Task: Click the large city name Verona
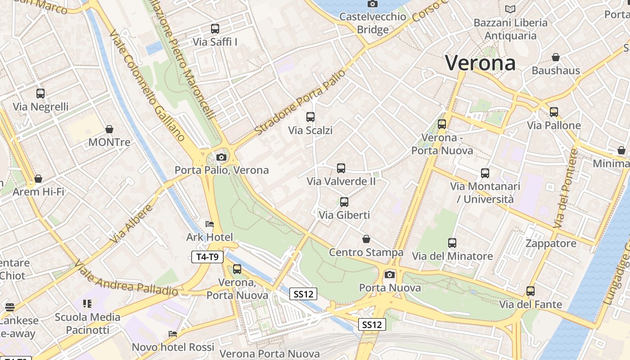(x=480, y=63)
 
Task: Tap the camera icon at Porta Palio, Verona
(x=221, y=157)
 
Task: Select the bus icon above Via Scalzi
(x=310, y=117)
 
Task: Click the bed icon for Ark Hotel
(x=210, y=224)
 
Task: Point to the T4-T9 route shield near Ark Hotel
(x=207, y=257)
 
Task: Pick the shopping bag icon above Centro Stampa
(x=366, y=239)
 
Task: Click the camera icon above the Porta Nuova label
(x=390, y=274)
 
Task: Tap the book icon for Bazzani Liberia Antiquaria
(x=510, y=9)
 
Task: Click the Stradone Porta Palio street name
(x=301, y=102)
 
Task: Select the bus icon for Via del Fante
(x=531, y=291)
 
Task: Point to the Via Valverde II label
(x=341, y=181)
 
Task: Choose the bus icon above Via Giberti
(x=344, y=202)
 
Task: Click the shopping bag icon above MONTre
(x=109, y=130)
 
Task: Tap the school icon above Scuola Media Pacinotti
(x=87, y=304)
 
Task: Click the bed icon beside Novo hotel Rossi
(x=172, y=334)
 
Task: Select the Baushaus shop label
(x=556, y=71)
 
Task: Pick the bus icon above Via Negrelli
(x=40, y=94)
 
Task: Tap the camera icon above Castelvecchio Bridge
(x=372, y=4)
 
